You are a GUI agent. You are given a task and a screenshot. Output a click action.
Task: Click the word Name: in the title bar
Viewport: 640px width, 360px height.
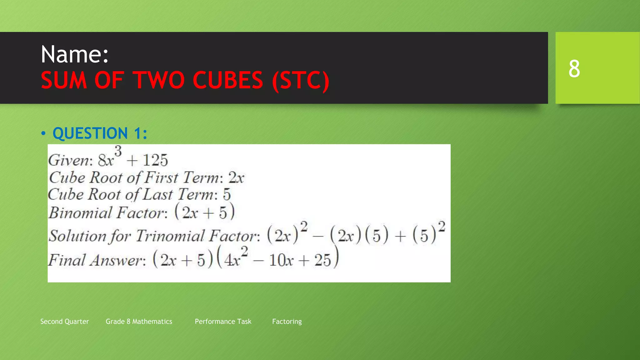[75, 54]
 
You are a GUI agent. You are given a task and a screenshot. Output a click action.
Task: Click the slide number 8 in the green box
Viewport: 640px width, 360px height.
[574, 68]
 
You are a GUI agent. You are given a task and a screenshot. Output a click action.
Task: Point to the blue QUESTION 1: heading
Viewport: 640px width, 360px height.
[100, 133]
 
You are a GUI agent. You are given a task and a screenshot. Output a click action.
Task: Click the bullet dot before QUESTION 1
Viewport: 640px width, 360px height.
[43, 134]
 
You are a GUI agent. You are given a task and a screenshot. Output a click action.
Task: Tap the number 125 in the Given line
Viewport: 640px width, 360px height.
[155, 160]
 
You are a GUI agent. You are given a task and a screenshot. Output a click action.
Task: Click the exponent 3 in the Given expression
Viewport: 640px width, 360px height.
[118, 152]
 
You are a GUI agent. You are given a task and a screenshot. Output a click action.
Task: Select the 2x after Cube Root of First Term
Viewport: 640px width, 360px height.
[236, 178]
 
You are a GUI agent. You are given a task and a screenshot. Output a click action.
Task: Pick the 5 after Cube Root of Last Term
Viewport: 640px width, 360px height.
[227, 195]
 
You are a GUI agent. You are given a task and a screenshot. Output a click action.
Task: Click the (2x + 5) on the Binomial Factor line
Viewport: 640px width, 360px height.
[204, 212]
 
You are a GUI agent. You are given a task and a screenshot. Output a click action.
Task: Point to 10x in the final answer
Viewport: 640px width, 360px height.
[281, 260]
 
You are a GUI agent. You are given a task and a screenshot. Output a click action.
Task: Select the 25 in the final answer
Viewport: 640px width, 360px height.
[322, 260]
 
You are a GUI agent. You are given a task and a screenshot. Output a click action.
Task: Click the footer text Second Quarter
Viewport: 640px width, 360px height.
[65, 322]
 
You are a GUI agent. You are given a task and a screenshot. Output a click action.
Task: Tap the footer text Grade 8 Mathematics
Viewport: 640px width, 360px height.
[139, 322]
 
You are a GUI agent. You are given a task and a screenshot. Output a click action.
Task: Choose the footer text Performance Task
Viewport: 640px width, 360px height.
[223, 322]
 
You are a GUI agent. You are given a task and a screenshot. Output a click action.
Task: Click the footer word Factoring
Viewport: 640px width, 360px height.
[287, 322]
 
